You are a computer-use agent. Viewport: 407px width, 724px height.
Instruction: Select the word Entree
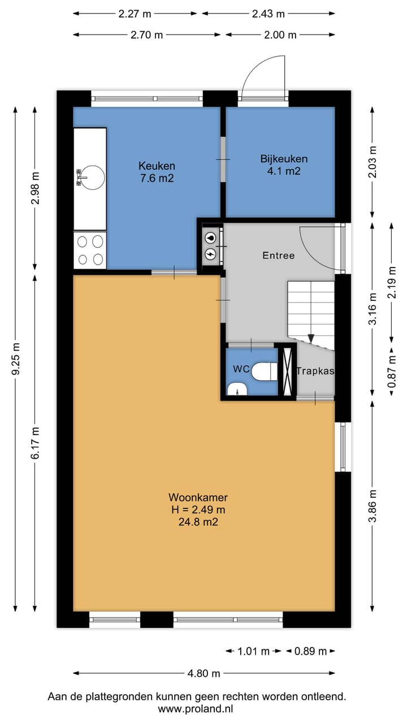pyautogui.click(x=279, y=256)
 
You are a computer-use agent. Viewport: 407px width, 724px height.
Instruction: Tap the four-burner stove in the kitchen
pyautogui.click(x=90, y=250)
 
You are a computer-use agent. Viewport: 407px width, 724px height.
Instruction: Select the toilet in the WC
pyautogui.click(x=264, y=372)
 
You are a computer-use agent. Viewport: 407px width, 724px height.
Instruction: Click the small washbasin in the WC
pyautogui.click(x=237, y=389)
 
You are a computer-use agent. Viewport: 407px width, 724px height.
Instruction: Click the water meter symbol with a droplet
pyautogui.click(x=211, y=238)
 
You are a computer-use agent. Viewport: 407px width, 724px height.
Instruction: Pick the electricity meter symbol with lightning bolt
pyautogui.click(x=211, y=254)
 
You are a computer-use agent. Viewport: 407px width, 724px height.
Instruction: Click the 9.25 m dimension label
pyautogui.click(x=15, y=359)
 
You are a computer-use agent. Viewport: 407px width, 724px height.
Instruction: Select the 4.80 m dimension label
pyautogui.click(x=204, y=674)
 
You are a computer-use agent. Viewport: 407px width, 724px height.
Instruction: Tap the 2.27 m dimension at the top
pyautogui.click(x=135, y=14)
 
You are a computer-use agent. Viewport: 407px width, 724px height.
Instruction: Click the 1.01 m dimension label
pyautogui.click(x=253, y=651)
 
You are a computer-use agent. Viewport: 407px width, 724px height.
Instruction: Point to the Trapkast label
pyautogui.click(x=315, y=371)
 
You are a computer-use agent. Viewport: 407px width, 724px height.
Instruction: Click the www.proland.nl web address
pyautogui.click(x=196, y=709)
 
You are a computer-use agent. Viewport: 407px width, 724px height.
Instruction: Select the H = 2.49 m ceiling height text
pyautogui.click(x=198, y=510)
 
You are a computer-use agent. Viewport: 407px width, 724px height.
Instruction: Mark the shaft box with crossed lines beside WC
pyautogui.click(x=287, y=372)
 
